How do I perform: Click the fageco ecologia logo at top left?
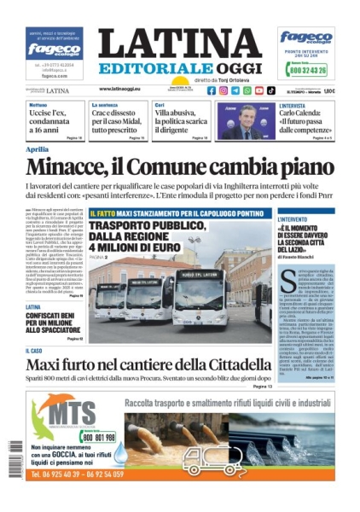55,49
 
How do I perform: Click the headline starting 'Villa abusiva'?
182,119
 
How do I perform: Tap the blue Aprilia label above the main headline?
38,149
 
